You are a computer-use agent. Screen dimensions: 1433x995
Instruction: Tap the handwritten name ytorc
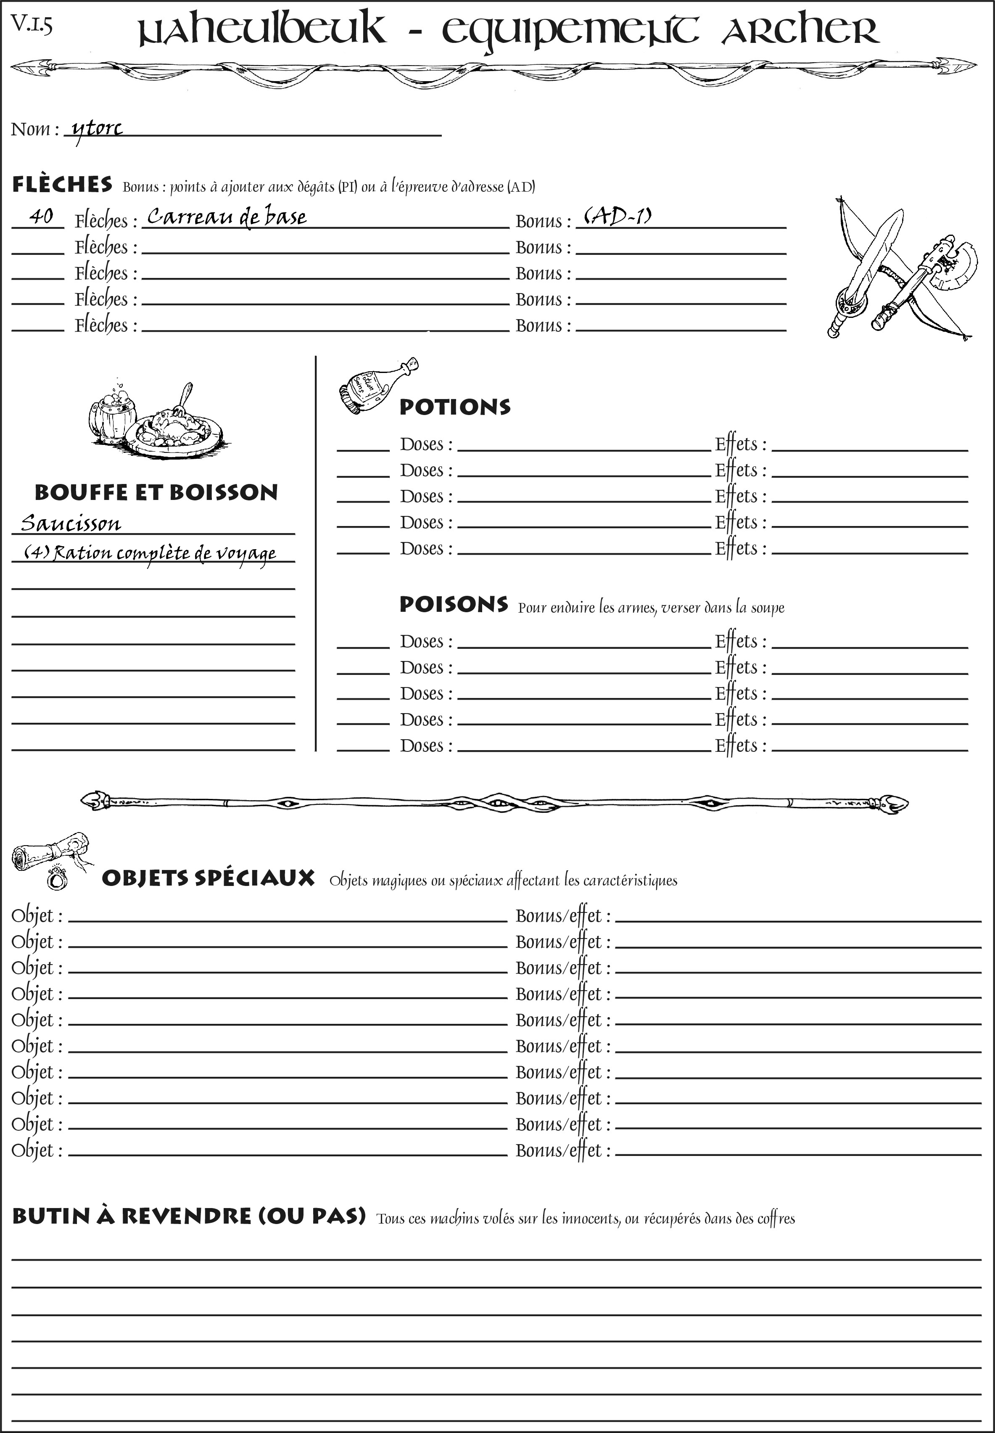point(97,129)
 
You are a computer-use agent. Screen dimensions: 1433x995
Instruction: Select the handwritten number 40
point(41,217)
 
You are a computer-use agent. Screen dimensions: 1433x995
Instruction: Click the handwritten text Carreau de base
point(226,217)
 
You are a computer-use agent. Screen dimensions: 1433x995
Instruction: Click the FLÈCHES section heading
point(62,185)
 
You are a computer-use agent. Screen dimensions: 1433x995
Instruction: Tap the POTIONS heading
point(454,407)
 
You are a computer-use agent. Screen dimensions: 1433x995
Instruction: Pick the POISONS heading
point(453,604)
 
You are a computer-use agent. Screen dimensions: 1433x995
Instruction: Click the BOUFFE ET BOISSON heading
point(156,492)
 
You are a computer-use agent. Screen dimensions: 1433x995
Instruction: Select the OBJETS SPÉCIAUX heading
point(208,878)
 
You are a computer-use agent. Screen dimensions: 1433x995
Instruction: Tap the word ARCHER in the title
point(800,31)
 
